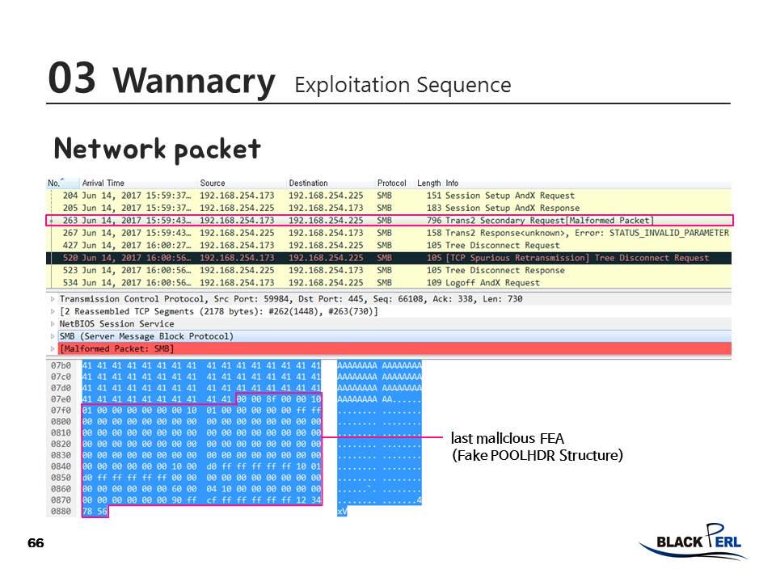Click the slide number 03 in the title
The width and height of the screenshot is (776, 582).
pos(71,78)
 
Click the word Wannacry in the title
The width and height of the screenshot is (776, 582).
pos(194,81)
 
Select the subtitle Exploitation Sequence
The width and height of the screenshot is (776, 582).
pos(403,85)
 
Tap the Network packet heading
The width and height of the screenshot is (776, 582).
pos(157,149)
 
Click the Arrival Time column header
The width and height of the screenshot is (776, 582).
pos(103,183)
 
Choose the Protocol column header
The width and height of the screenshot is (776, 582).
pos(392,183)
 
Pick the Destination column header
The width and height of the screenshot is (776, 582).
pos(309,183)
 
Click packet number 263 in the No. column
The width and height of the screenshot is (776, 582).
pos(70,221)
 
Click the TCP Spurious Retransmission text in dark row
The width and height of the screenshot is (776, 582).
pos(517,258)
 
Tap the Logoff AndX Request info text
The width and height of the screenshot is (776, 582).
pos(492,283)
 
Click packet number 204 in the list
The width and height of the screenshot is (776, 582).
pos(70,196)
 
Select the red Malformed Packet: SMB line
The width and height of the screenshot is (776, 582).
pos(116,348)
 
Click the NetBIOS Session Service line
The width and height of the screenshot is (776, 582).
pos(116,323)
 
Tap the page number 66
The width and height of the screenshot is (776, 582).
pos(36,542)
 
